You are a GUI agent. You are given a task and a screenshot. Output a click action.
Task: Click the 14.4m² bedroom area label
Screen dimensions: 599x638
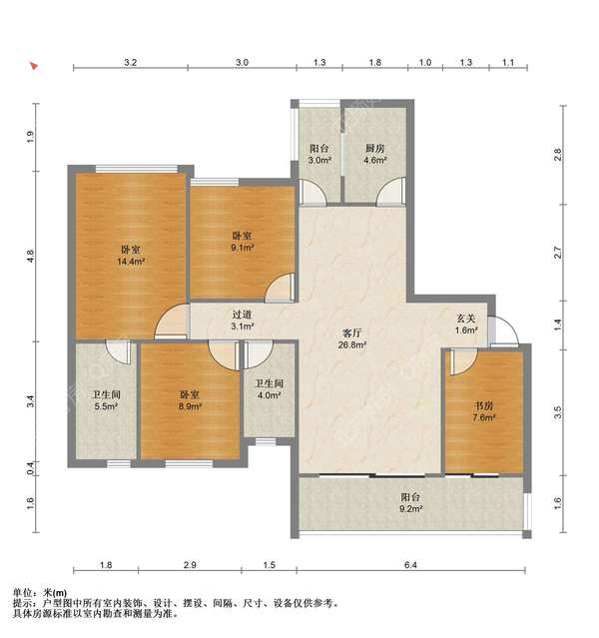tap(131, 256)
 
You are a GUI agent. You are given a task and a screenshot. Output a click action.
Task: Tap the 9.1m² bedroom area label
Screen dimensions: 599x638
tap(243, 242)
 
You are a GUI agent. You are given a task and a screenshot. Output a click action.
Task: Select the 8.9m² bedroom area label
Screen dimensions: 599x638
tap(190, 400)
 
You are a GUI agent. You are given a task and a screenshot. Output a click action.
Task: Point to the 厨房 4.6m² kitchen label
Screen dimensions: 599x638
tap(374, 154)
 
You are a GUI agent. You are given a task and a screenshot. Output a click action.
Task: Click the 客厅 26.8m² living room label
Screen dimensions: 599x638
tap(352, 339)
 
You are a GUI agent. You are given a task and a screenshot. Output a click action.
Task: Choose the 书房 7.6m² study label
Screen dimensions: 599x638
tap(484, 411)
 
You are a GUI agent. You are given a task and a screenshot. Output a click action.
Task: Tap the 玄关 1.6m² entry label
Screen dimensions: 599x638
tap(466, 324)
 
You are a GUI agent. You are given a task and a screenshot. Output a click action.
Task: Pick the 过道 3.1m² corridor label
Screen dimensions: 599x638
tap(243, 320)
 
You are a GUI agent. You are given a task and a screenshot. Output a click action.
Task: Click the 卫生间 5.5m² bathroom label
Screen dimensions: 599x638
tap(106, 400)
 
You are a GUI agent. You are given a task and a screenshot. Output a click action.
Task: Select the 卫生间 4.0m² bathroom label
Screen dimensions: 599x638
tap(269, 389)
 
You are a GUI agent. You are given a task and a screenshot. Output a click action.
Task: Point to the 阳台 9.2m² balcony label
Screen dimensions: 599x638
tap(411, 502)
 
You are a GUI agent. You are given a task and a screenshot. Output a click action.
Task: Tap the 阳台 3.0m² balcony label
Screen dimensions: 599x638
tap(319, 154)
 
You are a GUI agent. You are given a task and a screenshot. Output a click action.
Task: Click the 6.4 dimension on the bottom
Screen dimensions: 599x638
tap(411, 565)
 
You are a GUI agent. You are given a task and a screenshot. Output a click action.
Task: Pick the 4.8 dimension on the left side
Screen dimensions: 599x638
tap(30, 256)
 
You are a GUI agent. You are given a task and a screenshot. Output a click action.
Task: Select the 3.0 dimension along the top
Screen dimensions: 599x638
tap(242, 62)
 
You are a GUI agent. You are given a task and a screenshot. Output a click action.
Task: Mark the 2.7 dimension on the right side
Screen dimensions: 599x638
tap(558, 253)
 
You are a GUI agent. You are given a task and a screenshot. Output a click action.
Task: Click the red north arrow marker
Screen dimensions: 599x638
tap(34, 66)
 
